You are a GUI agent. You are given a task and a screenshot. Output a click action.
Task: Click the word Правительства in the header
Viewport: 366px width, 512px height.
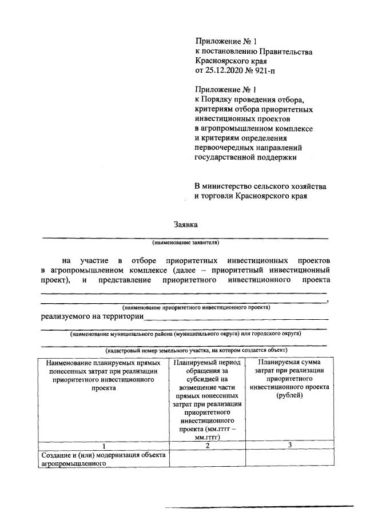pyautogui.click(x=284, y=51)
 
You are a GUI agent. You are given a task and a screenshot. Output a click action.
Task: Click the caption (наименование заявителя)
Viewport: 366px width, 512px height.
pyautogui.click(x=185, y=242)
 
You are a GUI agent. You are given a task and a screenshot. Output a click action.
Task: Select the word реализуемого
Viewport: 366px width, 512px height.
pyautogui.click(x=66, y=316)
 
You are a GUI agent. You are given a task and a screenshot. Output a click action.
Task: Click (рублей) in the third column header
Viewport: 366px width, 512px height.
pyautogui.click(x=289, y=395)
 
